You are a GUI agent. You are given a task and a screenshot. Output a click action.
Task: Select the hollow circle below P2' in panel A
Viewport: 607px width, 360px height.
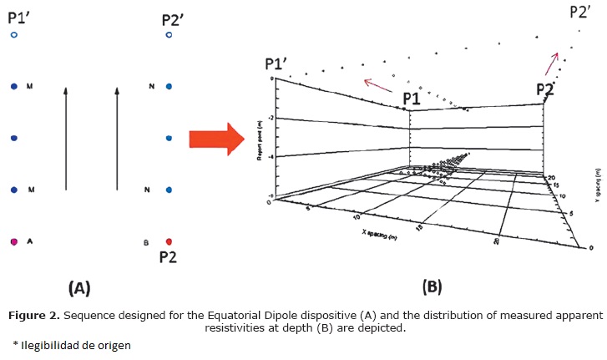click(x=169, y=35)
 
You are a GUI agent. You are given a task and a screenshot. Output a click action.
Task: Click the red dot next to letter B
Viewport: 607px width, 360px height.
click(x=169, y=242)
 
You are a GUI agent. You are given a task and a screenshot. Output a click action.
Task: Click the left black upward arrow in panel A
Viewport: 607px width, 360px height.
click(x=66, y=138)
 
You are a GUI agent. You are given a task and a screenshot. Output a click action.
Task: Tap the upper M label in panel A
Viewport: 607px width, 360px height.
click(x=31, y=86)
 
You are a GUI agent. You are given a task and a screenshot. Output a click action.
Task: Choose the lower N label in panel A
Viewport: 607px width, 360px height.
click(x=148, y=190)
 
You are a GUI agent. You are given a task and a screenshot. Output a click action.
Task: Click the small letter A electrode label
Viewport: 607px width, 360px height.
click(x=31, y=242)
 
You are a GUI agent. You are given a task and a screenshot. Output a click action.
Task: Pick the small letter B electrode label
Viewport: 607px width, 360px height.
click(x=147, y=243)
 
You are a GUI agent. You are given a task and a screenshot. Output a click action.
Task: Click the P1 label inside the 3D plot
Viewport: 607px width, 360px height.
click(x=411, y=99)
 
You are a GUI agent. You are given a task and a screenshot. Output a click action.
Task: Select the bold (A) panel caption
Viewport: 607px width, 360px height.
click(x=79, y=289)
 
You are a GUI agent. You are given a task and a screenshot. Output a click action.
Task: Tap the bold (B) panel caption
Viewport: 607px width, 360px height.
click(x=432, y=287)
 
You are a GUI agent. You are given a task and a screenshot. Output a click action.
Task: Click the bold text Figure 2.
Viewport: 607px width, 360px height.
click(x=34, y=316)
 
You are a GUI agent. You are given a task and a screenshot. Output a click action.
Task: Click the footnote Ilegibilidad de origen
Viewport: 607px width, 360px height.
click(x=74, y=344)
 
